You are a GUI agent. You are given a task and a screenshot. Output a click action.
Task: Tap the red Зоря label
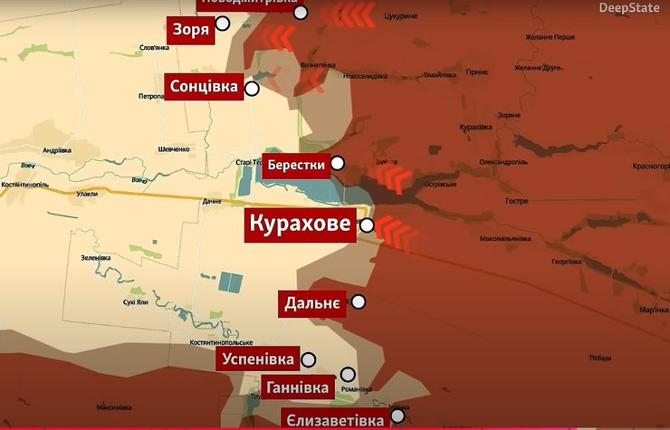(191, 30)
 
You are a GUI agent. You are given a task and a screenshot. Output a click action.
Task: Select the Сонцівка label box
(204, 87)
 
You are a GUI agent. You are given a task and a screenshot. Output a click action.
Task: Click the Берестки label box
(294, 166)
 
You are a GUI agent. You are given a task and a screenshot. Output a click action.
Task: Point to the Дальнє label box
(312, 303)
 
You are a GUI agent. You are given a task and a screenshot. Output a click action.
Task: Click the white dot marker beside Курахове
(368, 225)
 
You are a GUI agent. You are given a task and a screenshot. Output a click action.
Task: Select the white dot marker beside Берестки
(338, 163)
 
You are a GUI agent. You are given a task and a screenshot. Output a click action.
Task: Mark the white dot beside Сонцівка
(252, 88)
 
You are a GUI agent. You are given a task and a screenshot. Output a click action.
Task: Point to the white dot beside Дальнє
(359, 302)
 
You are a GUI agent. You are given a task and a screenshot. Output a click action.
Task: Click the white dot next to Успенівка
(309, 359)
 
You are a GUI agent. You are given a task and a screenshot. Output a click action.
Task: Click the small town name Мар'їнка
(653, 311)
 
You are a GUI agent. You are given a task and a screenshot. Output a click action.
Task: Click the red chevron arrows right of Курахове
(397, 233)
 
